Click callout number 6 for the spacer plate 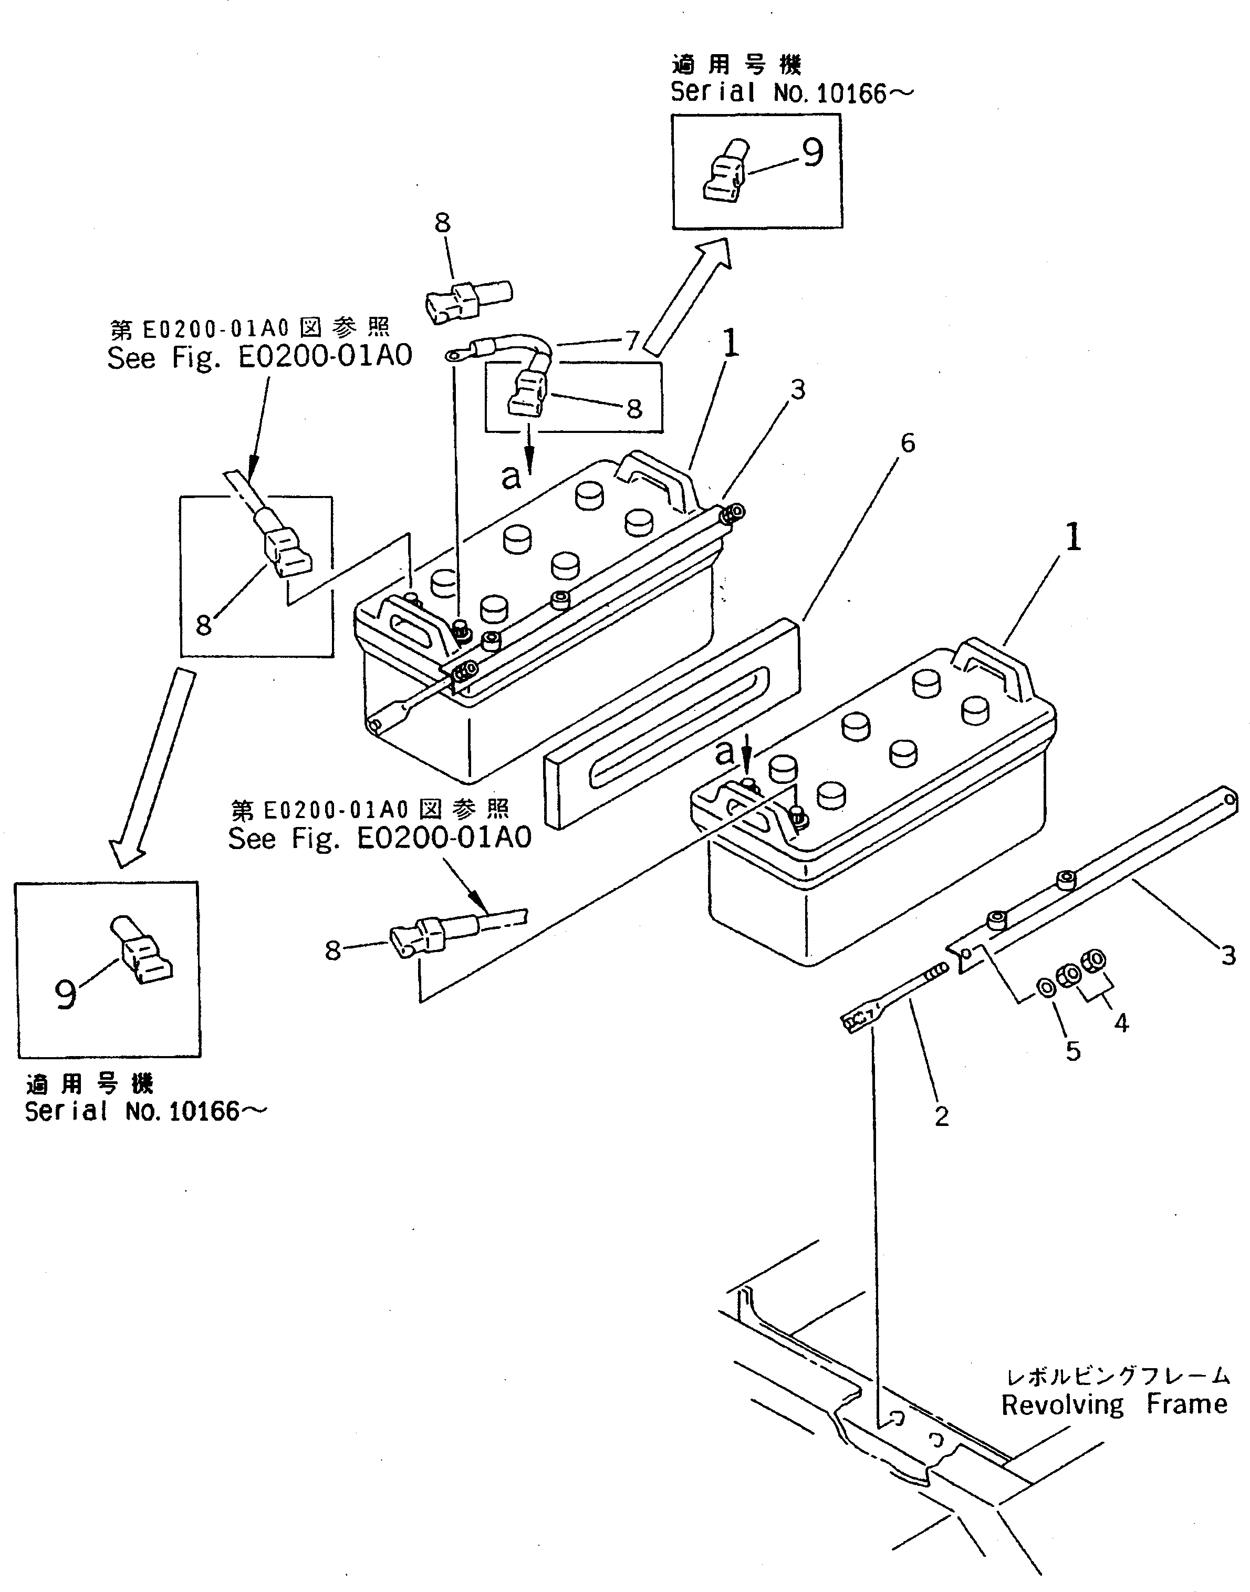(908, 443)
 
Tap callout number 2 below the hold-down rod (941, 1116)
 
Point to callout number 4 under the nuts (1121, 1022)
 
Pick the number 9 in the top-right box (812, 152)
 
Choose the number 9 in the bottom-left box (66, 993)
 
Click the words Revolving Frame (1114, 1404)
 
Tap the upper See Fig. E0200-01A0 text (260, 357)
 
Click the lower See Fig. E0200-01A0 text (380, 838)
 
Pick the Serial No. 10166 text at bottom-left (145, 1112)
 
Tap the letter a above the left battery (511, 477)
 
